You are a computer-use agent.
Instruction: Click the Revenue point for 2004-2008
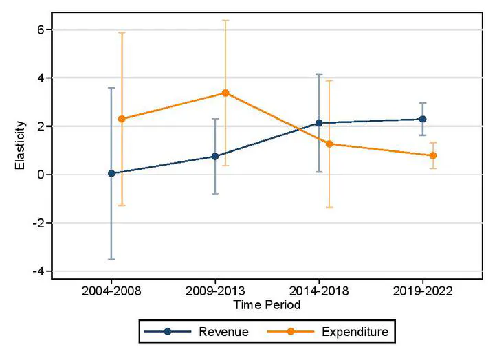(111, 173)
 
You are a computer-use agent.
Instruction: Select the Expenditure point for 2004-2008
(122, 119)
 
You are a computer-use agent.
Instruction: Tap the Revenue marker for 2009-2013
(215, 156)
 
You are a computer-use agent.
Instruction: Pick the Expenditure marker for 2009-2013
(225, 93)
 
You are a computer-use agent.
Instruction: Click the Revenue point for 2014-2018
(319, 123)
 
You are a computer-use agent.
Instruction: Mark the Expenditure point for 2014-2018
(329, 144)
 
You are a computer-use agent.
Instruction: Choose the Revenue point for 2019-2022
(423, 119)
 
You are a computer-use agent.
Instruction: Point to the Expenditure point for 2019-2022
(433, 155)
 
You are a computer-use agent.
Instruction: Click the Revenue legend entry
(223, 333)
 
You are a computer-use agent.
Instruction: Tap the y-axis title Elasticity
(21, 146)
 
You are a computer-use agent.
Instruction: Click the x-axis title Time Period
(267, 304)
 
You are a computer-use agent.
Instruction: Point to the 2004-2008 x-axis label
(111, 291)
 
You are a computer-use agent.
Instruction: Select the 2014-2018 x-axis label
(319, 291)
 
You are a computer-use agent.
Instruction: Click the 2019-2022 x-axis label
(423, 291)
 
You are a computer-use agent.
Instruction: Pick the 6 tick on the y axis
(41, 30)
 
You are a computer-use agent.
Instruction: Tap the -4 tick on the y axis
(39, 271)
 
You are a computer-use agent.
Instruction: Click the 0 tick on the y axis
(41, 175)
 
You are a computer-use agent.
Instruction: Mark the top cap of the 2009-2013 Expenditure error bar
(225, 20)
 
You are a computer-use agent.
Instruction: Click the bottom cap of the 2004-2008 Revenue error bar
(111, 259)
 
